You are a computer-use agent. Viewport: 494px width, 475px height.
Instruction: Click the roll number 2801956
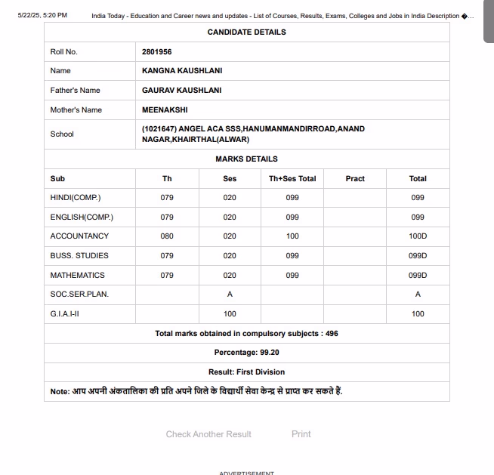[x=156, y=51]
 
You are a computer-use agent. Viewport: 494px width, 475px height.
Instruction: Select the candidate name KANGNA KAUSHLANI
[x=182, y=70]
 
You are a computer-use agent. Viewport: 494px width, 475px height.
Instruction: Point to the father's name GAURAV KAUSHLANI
[x=182, y=90]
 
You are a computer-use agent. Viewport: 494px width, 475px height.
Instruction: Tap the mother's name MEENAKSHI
[x=165, y=109]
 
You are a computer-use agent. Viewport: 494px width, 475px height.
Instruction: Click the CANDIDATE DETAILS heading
[x=246, y=32]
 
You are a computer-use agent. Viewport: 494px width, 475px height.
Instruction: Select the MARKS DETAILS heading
[x=246, y=159]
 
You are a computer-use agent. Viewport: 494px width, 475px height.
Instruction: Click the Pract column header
[x=355, y=178]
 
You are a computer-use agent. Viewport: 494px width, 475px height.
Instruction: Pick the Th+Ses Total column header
[x=292, y=178]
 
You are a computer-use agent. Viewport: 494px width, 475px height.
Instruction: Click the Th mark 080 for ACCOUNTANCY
[x=167, y=236]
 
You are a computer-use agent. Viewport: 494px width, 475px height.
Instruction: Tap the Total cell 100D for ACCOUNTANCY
[x=418, y=236]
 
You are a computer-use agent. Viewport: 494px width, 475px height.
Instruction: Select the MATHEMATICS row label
[x=78, y=275]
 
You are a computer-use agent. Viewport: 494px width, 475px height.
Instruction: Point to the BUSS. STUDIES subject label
[x=79, y=255]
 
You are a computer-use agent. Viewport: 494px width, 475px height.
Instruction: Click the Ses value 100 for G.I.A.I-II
[x=230, y=313]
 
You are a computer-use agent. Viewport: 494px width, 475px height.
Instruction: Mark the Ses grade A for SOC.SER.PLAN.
[x=230, y=295]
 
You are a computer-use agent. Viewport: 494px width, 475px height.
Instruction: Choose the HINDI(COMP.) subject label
[x=76, y=197]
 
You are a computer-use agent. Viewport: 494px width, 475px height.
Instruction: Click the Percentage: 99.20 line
[x=246, y=352]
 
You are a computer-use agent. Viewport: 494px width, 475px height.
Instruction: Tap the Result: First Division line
[x=246, y=372]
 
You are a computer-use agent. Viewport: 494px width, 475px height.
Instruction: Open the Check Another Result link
[x=208, y=434]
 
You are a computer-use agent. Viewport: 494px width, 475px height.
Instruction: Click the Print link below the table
[x=301, y=434]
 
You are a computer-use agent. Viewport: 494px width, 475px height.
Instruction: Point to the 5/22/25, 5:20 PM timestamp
[x=42, y=15]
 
